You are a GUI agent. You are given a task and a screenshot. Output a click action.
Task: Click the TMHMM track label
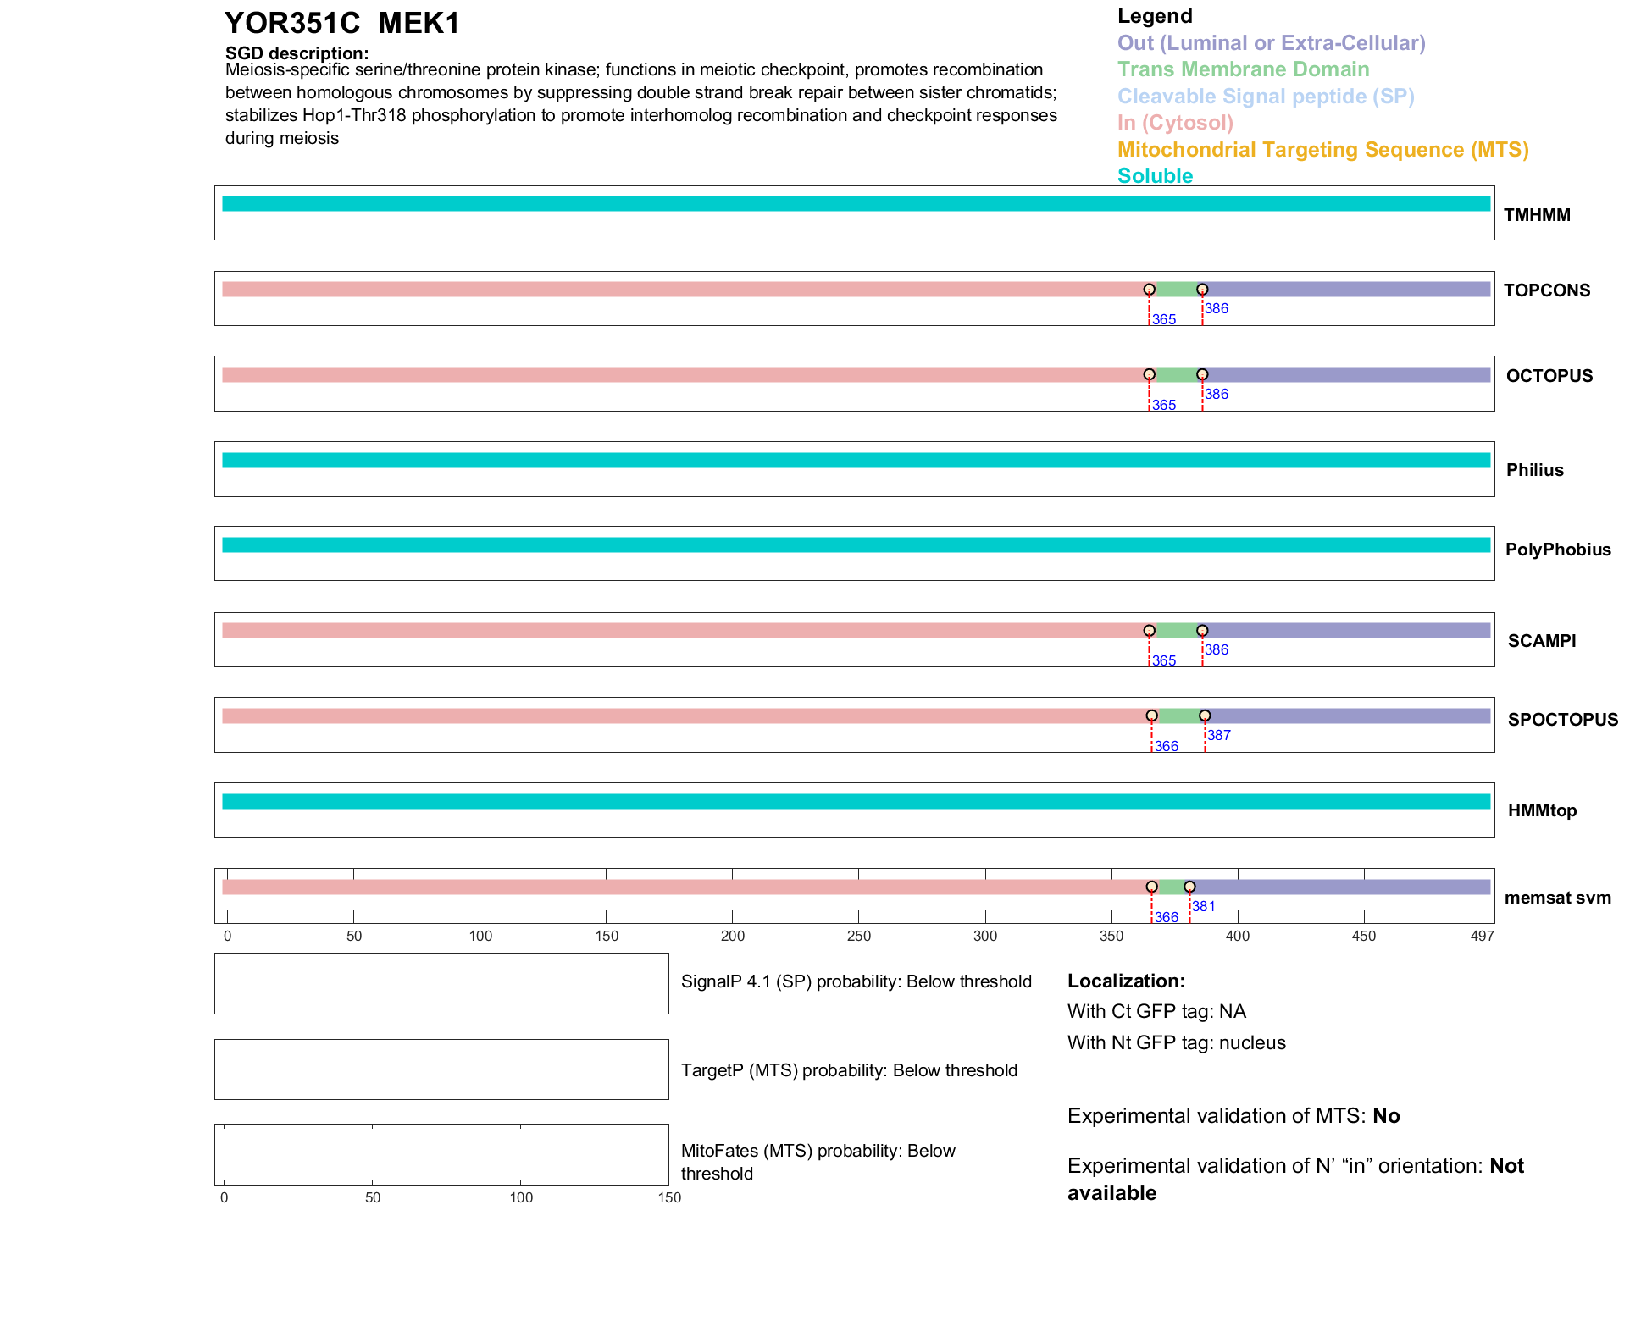click(1536, 215)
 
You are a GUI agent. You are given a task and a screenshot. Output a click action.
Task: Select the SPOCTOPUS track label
click(1562, 720)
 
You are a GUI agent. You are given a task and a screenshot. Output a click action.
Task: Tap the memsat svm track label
click(1557, 898)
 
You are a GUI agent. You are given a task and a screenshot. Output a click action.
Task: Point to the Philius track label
click(1534, 470)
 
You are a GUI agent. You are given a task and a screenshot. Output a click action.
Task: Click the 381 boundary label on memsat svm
click(1204, 907)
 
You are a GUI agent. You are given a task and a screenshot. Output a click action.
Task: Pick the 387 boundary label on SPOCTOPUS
click(1219, 735)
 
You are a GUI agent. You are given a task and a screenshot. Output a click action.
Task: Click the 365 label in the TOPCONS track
click(1164, 320)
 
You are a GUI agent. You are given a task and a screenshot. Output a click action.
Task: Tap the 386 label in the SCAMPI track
click(1217, 649)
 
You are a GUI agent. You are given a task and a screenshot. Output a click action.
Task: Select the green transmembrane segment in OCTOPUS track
click(1176, 374)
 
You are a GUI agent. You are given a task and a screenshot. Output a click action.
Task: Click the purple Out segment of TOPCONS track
click(1347, 290)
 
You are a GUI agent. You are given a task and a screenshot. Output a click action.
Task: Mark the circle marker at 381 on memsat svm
click(1189, 887)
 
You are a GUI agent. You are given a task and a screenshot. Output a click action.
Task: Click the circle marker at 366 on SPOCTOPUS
click(1151, 716)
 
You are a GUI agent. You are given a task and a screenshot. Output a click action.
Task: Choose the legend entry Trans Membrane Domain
click(1243, 69)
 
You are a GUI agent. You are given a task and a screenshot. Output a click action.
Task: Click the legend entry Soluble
click(1155, 176)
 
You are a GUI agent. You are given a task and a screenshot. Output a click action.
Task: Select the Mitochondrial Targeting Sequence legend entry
click(1322, 150)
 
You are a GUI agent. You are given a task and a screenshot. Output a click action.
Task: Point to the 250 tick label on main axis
click(858, 936)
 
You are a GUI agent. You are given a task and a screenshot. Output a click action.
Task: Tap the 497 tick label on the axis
click(1482, 936)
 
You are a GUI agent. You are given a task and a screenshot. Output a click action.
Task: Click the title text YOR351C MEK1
click(342, 24)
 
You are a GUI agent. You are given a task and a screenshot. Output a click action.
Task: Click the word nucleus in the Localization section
click(1252, 1042)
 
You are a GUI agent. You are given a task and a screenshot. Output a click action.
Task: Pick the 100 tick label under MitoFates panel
click(521, 1197)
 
